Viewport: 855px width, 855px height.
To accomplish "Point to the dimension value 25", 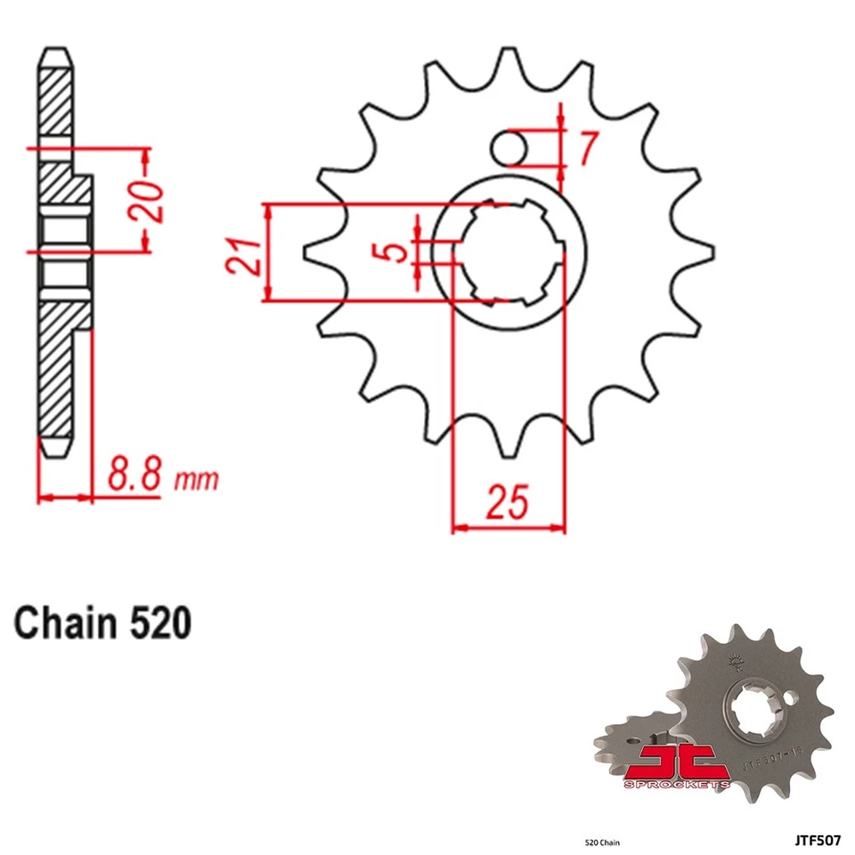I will coord(508,503).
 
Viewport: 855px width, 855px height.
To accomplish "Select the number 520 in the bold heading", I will coord(158,623).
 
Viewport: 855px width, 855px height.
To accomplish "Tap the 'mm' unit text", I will coord(196,480).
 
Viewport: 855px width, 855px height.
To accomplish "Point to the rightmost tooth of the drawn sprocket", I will coord(704,252).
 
